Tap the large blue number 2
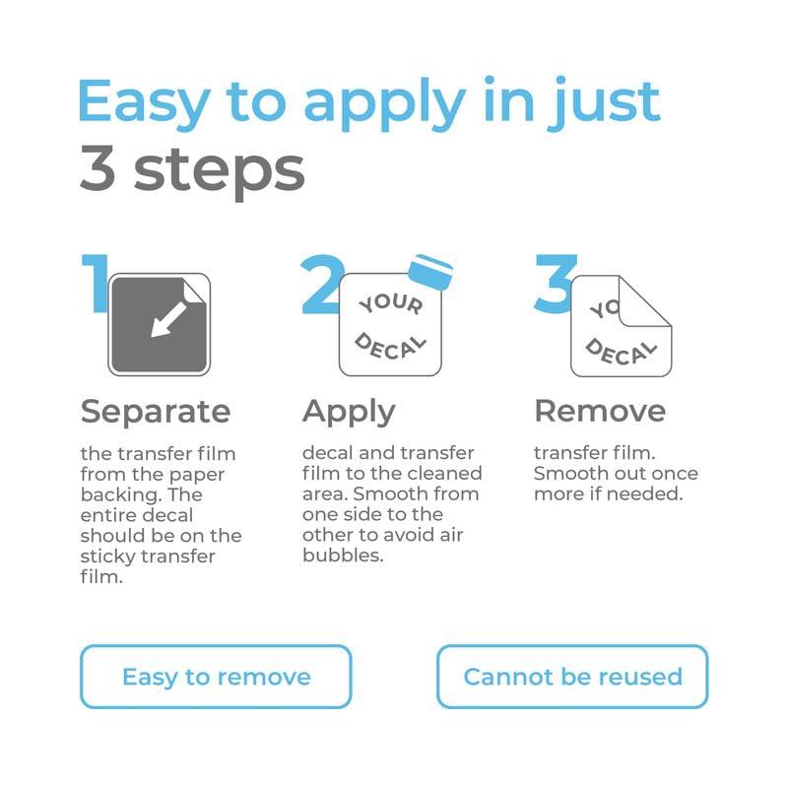pos(322,285)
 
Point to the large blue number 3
pos(555,283)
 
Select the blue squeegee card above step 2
pos(430,272)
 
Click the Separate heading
pos(156,412)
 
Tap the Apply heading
pos(349,412)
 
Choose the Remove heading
pos(600,411)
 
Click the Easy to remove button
pos(216,677)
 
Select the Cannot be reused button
pos(572,677)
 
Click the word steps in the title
pos(219,171)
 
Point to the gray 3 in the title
pos(98,167)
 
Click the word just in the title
pos(604,102)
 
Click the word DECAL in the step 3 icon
pos(622,353)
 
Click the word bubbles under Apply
pos(343,556)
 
